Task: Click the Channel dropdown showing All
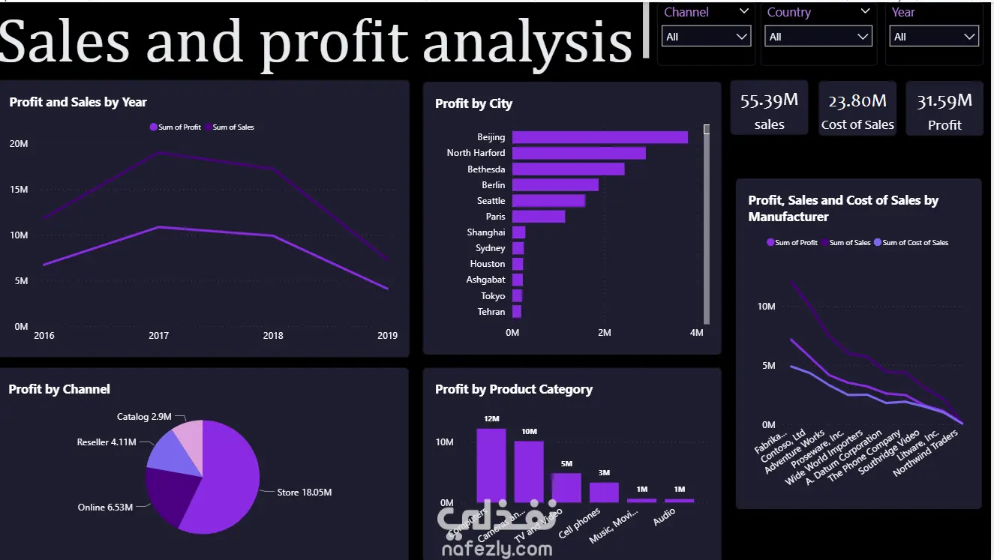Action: [706, 36]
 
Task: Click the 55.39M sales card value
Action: [769, 100]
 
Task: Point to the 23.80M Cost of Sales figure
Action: [857, 100]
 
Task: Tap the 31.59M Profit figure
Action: [944, 100]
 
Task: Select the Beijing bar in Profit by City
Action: [600, 137]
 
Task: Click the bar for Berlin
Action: [555, 184]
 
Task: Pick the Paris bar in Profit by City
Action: [539, 217]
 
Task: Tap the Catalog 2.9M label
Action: [144, 417]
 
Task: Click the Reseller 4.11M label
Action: [107, 442]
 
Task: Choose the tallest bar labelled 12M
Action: [491, 465]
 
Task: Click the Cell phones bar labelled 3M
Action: [604, 492]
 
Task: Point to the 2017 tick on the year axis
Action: [158, 336]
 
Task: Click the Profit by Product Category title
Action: [514, 389]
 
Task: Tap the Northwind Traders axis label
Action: [927, 452]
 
